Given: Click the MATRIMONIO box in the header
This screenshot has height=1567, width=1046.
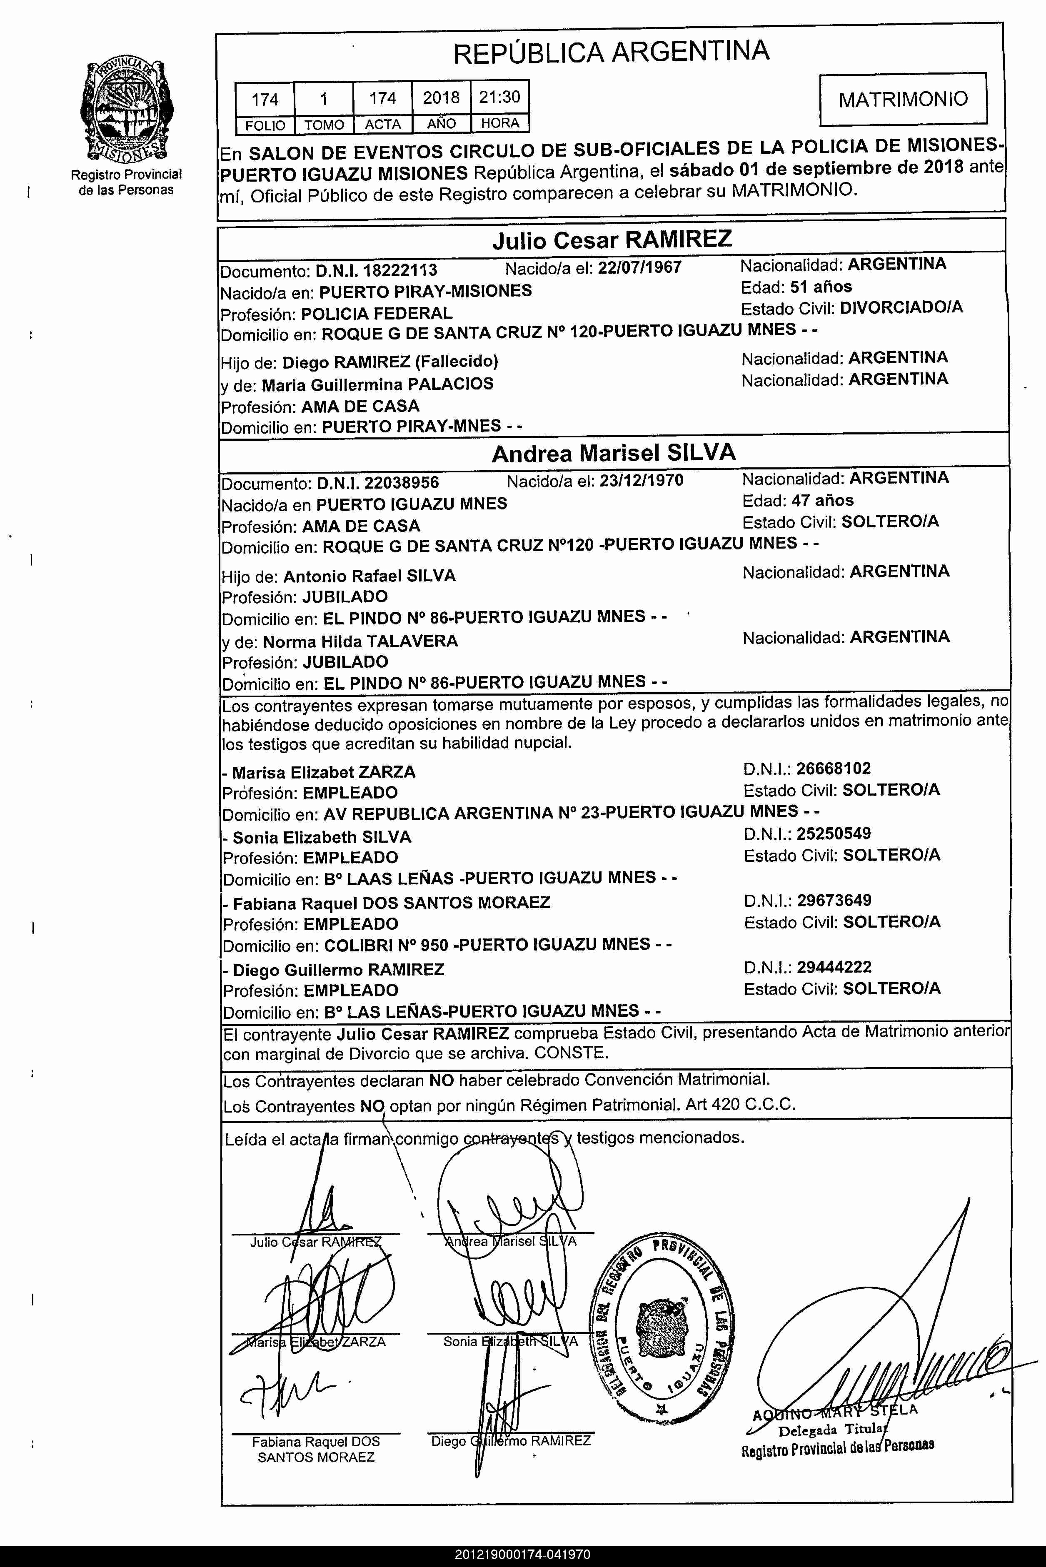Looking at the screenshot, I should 903,100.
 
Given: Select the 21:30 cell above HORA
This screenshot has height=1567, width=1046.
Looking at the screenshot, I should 499,97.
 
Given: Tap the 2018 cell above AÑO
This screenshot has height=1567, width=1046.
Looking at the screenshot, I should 441,98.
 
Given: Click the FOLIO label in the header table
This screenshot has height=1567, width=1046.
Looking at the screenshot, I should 265,125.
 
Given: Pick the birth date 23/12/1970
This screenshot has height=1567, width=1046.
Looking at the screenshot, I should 641,480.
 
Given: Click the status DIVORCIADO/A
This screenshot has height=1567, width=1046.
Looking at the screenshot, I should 901,307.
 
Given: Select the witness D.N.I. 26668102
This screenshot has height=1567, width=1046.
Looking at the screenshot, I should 833,769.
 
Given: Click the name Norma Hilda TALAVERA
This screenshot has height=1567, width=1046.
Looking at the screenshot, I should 360,642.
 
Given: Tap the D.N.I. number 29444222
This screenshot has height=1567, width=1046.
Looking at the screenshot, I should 834,967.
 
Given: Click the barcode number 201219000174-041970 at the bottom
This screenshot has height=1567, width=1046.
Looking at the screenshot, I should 522,1555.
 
